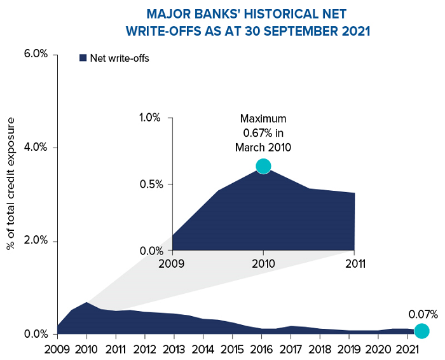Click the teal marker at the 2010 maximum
tap(263, 166)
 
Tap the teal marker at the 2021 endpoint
tap(421, 331)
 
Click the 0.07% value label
tap(423, 314)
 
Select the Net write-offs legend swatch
tap(83, 58)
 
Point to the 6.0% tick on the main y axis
tap(36, 53)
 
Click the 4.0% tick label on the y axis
tap(36, 148)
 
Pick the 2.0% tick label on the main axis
tap(36, 241)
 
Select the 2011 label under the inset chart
tap(354, 263)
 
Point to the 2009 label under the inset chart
tap(172, 263)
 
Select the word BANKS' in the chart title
tap(212, 13)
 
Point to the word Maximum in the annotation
tap(263, 119)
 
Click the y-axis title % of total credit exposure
tap(11, 193)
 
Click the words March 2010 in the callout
tap(263, 148)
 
